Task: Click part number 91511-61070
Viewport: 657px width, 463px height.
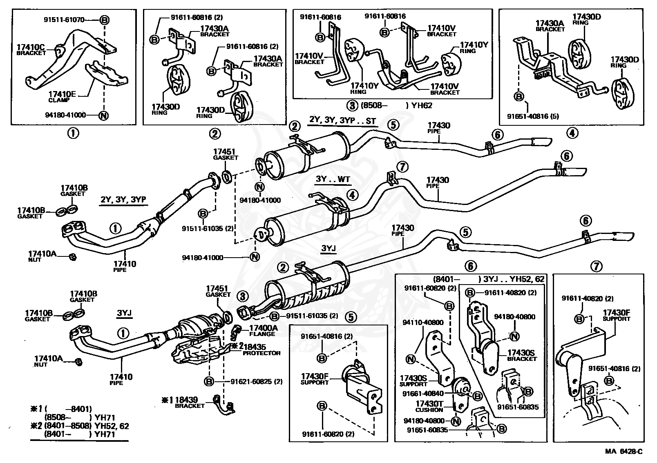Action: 64,20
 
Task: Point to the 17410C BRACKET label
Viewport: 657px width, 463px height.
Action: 31,49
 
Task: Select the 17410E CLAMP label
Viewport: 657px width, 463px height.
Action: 62,96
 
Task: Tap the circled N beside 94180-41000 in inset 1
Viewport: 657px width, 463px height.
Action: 103,115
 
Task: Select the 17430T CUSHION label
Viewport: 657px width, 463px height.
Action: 429,406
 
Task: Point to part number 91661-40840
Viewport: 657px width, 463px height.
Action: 423,394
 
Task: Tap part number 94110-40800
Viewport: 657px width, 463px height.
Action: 423,322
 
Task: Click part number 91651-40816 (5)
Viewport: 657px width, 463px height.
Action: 533,116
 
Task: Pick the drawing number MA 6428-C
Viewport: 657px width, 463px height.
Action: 623,451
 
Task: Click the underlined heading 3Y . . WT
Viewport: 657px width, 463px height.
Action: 333,179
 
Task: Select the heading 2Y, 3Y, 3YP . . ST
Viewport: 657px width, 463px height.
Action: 342,120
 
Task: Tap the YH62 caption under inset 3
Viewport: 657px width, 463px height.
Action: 422,105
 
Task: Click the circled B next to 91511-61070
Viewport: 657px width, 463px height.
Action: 104,20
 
